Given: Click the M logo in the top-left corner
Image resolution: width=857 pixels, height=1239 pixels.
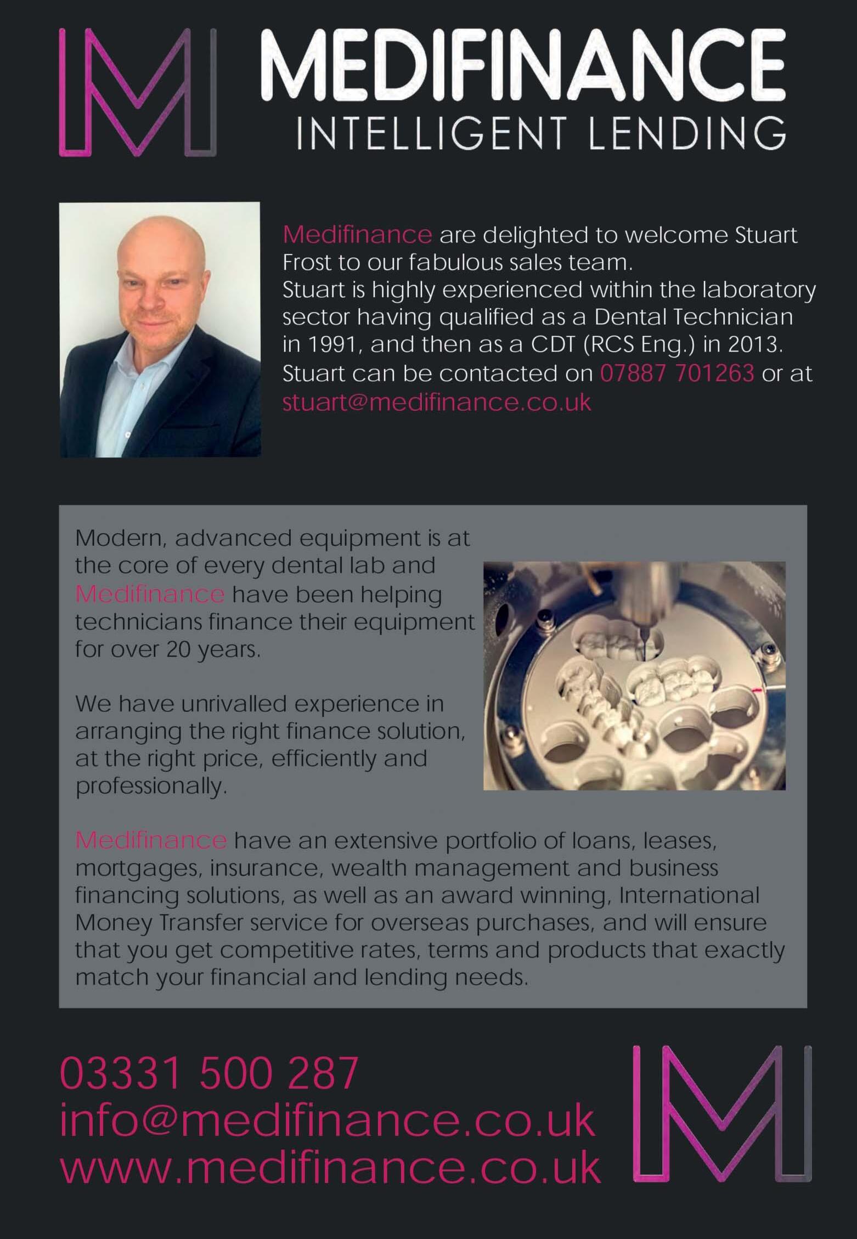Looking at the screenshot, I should tap(137, 92).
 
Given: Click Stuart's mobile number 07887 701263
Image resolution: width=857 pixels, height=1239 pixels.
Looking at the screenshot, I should tap(677, 374).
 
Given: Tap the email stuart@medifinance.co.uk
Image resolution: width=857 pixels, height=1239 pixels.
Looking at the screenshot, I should tap(437, 402).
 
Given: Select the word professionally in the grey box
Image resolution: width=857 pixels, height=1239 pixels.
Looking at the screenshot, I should tap(151, 787).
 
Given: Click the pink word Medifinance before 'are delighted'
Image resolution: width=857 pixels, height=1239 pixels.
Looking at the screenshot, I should tap(357, 235).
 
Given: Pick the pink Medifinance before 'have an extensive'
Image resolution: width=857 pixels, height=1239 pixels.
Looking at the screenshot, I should tap(151, 840).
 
